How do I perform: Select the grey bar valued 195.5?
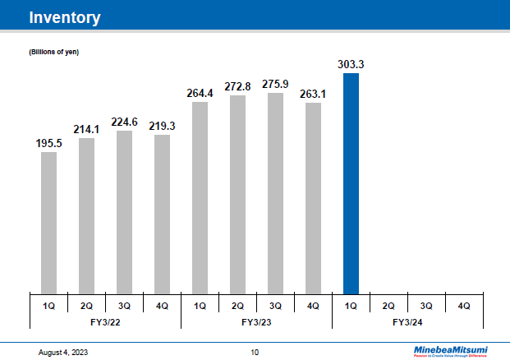48,222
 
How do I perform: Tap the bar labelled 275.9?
275,193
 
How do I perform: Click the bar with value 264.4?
200,197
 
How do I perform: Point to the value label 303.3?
351,62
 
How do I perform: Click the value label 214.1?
86,128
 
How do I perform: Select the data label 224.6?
124,121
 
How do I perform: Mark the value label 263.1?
313,93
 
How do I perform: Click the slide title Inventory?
65,17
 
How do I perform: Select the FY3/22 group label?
105,321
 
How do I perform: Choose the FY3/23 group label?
256,321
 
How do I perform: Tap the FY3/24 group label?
407,321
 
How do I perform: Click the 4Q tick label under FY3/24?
464,306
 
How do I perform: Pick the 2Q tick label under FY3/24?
388,306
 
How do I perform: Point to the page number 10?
255,352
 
